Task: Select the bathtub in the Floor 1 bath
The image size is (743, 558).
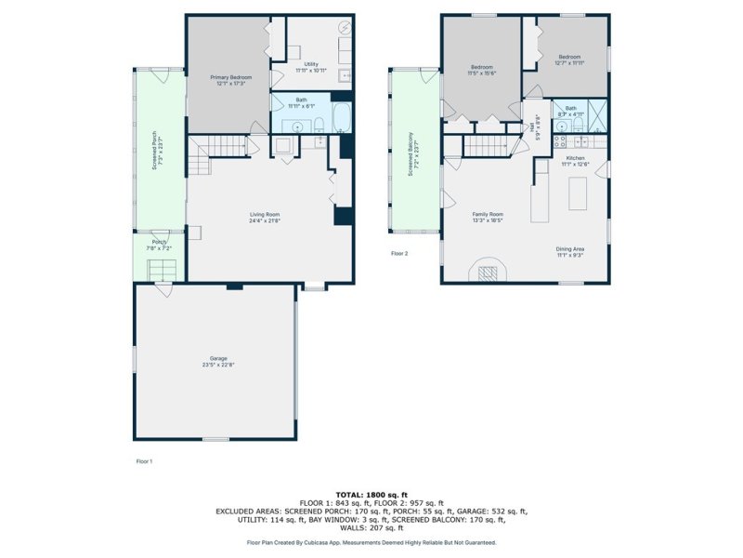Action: coord(341,118)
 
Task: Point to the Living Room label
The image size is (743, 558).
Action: coord(265,217)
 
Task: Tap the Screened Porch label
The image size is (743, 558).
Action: coord(154,153)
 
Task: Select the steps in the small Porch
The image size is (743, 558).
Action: coord(163,271)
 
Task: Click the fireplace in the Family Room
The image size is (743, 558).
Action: coord(488,271)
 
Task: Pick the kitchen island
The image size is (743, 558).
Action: coord(578,193)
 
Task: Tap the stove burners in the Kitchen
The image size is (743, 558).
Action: coord(560,141)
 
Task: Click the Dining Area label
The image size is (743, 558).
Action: coord(570,251)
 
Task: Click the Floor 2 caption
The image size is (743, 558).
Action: coord(399,253)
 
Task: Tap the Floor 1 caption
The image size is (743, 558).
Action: coord(144,459)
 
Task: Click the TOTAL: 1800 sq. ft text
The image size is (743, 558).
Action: coord(371,494)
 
